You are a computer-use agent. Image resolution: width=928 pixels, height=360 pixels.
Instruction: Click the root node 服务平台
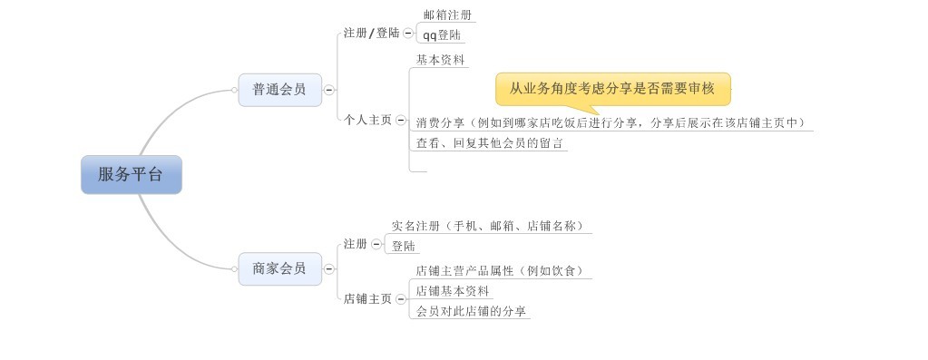point(132,174)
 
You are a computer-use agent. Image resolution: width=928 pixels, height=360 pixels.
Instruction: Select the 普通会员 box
point(280,90)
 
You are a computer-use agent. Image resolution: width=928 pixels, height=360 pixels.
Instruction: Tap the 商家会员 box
point(280,269)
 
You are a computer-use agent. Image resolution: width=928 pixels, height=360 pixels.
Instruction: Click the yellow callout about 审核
point(612,89)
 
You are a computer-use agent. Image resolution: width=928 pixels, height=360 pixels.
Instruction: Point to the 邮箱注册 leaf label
point(447,15)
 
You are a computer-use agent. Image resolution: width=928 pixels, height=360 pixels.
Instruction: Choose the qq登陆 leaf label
point(442,35)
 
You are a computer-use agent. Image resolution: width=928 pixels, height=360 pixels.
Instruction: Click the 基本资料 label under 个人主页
point(440,60)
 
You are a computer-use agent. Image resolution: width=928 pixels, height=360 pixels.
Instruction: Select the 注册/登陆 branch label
point(372,34)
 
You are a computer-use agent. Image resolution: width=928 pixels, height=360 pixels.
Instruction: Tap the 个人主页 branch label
point(367,120)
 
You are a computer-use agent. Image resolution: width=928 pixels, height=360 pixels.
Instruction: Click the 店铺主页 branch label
point(367,299)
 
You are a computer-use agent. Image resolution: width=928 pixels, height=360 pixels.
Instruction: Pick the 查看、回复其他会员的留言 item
point(489,143)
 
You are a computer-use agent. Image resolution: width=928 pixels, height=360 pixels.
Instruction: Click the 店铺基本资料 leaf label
point(452,291)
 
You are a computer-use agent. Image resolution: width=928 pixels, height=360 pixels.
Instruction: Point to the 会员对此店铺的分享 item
point(471,311)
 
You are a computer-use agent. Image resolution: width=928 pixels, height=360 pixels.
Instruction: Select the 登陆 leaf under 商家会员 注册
point(403,246)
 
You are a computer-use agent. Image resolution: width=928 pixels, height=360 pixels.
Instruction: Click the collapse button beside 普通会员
point(329,91)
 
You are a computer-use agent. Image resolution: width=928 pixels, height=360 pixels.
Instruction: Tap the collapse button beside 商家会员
point(329,269)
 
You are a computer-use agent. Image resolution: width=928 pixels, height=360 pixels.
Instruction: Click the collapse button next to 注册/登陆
point(408,34)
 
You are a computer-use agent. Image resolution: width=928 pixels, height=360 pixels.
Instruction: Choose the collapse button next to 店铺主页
point(400,299)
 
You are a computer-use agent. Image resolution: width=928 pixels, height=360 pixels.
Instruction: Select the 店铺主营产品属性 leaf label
point(500,271)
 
